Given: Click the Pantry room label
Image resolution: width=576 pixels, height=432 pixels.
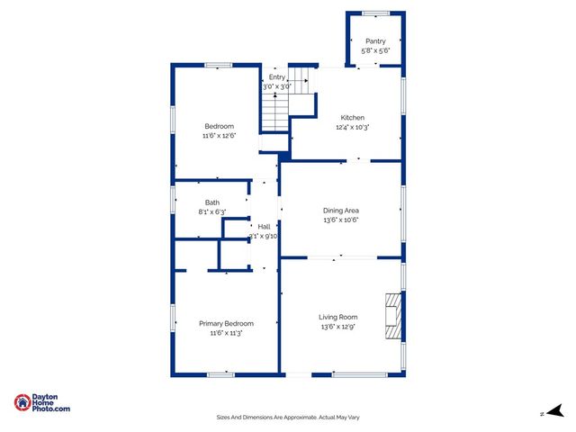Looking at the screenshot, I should (x=375, y=41).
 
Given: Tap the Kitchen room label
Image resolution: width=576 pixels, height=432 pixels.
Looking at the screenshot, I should (x=352, y=118).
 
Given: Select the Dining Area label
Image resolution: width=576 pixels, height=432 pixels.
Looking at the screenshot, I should (x=341, y=210).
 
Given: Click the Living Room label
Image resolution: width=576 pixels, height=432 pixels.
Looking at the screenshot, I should (x=338, y=317).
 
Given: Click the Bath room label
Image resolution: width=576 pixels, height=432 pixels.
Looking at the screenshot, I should (x=211, y=202).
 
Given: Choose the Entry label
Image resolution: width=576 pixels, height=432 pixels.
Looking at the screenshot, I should (x=276, y=77).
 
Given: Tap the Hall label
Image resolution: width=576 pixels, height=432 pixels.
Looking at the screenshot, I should (x=264, y=226).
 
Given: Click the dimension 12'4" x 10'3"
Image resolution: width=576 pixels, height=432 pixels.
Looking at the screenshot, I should (x=352, y=128).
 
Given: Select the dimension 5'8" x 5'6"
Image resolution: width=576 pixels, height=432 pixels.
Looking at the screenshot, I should (x=375, y=51).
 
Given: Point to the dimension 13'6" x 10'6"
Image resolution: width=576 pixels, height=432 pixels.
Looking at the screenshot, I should (x=341, y=220).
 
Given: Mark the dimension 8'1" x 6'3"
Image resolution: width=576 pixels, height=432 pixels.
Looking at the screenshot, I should (x=211, y=212).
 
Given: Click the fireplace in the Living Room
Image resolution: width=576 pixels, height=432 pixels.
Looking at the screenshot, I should (x=391, y=317).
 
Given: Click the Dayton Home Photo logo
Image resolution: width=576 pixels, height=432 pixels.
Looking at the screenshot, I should (x=42, y=403).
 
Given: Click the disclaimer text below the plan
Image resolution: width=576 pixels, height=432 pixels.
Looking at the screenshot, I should (x=288, y=417).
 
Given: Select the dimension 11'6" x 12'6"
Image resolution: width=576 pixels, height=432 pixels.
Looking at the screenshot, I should (x=219, y=136).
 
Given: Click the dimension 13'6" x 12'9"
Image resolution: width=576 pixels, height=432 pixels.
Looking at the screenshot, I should (x=338, y=327).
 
